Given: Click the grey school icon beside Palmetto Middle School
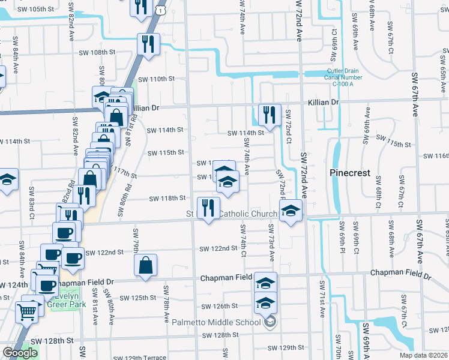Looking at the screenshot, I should tap(270, 322).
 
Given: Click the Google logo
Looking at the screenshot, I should tap(20, 353).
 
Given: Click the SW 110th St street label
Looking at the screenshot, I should tap(157, 79).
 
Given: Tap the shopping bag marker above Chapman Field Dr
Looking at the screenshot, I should tap(145, 265).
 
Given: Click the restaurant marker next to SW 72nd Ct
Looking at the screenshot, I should tap(269, 114).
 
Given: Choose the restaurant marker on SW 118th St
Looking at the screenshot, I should tap(208, 209).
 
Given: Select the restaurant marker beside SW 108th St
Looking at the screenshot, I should tap(147, 44).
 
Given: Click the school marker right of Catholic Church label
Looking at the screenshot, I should tap(291, 211).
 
